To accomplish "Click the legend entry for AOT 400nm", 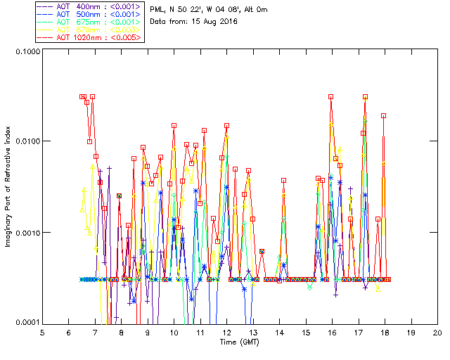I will coord(89,6).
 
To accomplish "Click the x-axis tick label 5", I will coord(42,332).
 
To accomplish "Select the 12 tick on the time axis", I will coord(226,332).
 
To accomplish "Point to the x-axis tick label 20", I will coord(437,332).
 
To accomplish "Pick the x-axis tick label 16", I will coord(332,332).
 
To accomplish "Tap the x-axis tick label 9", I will coord(148,332).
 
